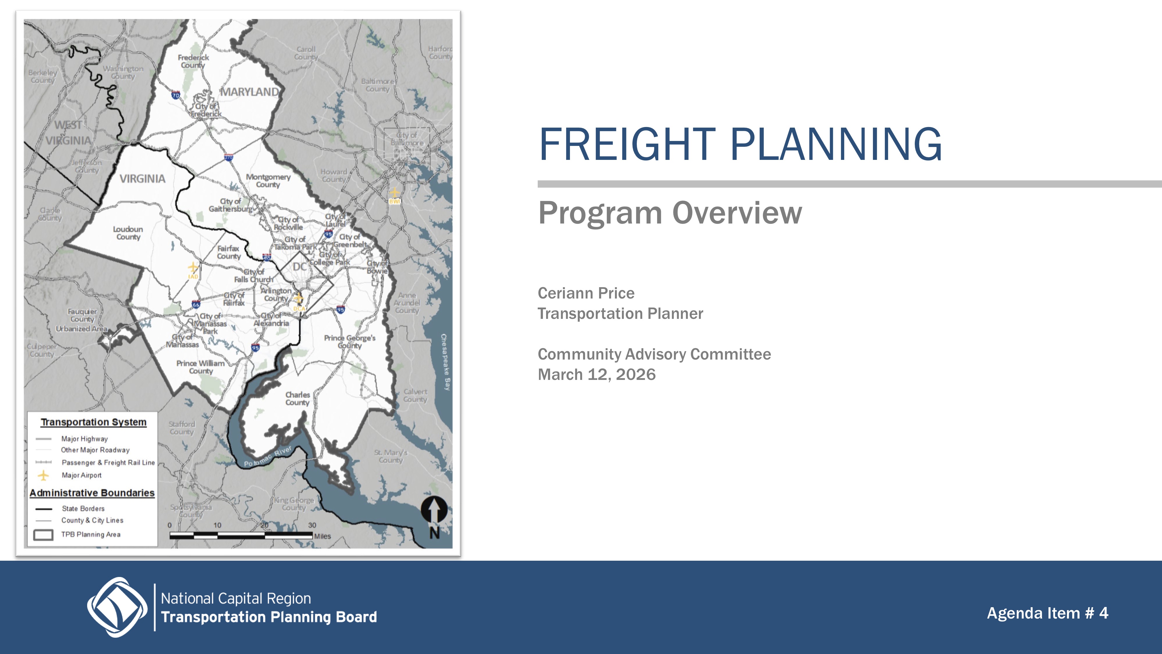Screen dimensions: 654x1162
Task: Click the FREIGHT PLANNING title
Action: coord(740,144)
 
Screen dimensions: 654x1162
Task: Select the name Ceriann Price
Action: coord(586,293)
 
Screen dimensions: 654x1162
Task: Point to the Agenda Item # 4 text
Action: coord(1047,613)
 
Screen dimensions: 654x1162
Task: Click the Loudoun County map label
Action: coord(128,233)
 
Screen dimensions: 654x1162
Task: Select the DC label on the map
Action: coord(300,267)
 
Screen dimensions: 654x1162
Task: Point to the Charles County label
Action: coord(297,399)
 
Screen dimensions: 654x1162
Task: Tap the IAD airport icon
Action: coord(193,268)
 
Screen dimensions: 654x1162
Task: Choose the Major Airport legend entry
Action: coord(81,475)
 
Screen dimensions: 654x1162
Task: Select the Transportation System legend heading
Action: coord(93,422)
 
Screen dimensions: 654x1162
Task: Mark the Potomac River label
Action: coord(268,456)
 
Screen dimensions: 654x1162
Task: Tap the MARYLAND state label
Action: coord(250,92)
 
